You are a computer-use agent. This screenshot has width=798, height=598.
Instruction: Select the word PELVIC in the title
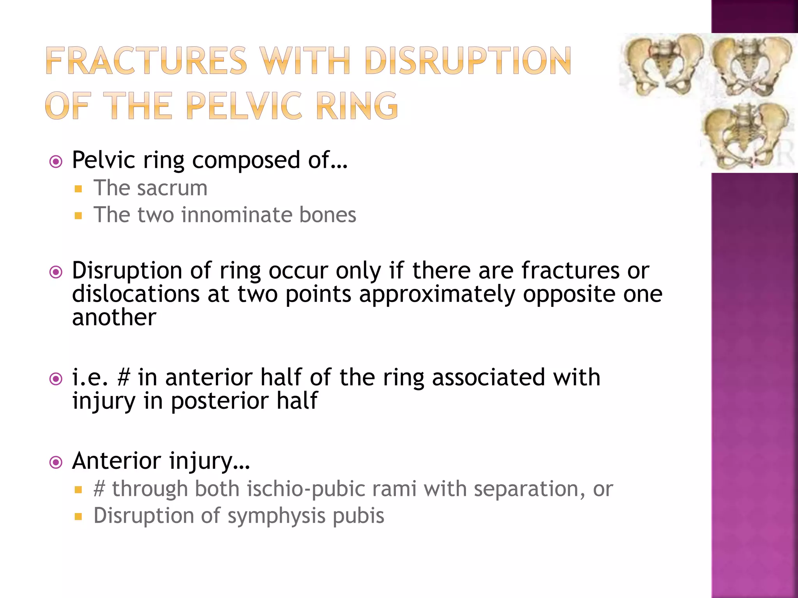[244, 106]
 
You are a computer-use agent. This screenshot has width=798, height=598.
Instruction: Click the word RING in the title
[357, 106]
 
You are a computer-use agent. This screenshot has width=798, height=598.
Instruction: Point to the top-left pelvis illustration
[662, 64]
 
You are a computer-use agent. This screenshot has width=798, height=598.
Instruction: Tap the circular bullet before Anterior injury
[56, 462]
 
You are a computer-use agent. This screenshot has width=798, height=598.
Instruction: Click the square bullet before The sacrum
[78, 189]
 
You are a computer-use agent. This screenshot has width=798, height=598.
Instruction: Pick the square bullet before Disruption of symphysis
[78, 517]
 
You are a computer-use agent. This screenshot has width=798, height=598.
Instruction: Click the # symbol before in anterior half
[124, 377]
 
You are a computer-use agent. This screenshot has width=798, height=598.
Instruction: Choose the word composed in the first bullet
[246, 160]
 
